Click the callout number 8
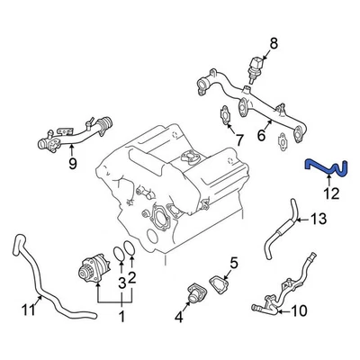275,41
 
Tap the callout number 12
331,192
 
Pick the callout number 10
300,312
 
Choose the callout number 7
238,139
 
